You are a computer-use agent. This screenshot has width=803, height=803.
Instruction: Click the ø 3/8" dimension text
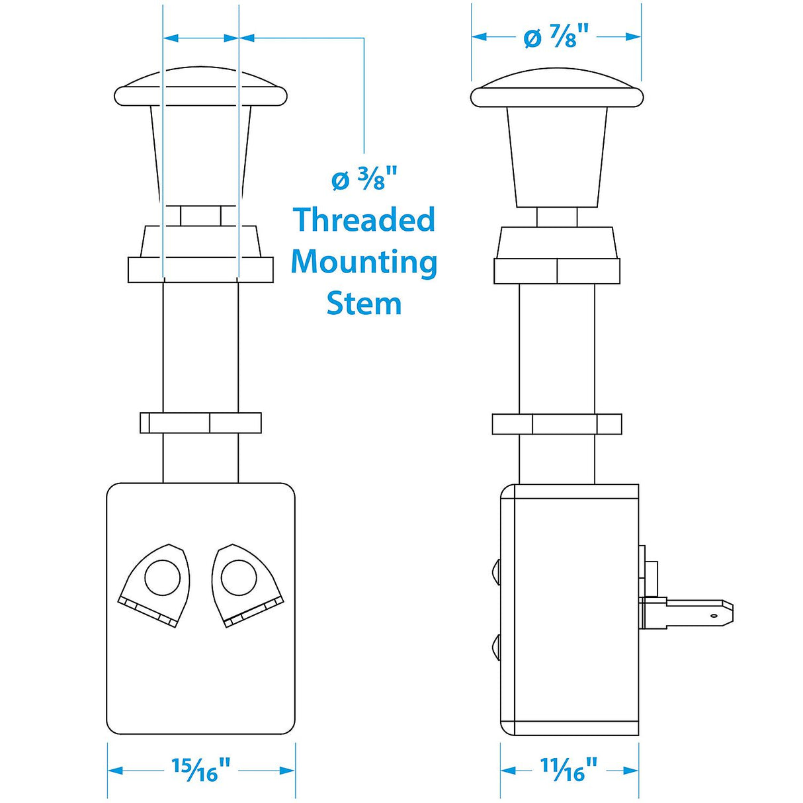(364, 179)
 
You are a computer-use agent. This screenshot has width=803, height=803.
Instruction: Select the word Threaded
(364, 220)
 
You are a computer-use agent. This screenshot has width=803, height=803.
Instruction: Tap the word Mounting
(364, 262)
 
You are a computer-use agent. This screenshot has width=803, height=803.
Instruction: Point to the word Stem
(364, 304)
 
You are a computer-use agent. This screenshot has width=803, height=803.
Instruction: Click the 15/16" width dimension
(201, 769)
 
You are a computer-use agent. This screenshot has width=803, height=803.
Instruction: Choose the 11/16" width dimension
(569, 769)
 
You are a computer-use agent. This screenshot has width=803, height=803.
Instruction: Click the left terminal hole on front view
(162, 577)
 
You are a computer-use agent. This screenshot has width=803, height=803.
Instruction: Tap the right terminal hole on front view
(239, 577)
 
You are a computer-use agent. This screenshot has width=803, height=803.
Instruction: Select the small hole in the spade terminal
(714, 615)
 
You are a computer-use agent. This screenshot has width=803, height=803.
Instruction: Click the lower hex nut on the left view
(200, 423)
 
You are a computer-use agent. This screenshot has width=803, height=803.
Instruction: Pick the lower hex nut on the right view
(557, 424)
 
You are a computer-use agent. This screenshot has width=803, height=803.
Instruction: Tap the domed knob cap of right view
(557, 89)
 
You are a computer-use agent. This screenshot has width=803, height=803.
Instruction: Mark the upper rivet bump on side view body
(496, 568)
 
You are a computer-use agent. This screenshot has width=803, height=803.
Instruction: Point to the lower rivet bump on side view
(496, 644)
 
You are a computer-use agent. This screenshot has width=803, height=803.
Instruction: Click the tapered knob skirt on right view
(557, 155)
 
